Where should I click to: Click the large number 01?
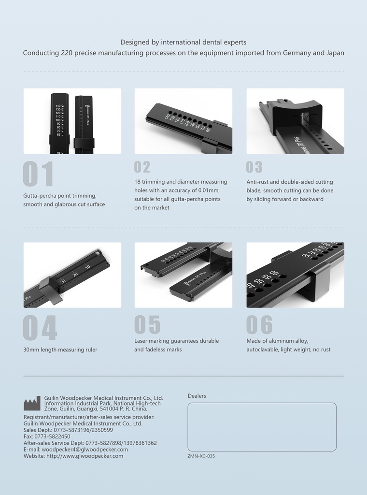coord(38,175)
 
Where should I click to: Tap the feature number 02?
coord(142,167)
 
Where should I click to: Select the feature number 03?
coord(254,167)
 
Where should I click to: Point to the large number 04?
coord(40,328)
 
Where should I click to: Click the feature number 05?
coord(147,325)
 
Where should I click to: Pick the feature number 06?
coord(259,325)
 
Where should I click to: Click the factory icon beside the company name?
coord(32,403)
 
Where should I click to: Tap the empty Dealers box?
coord(262,427)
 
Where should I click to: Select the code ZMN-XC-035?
coord(201,456)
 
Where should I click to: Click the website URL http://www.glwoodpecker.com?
coord(85,456)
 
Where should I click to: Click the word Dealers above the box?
coord(197,396)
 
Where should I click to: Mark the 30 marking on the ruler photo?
coord(63,281)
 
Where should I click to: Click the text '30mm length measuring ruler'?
coord(60,349)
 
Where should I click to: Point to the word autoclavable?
coord(265,349)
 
